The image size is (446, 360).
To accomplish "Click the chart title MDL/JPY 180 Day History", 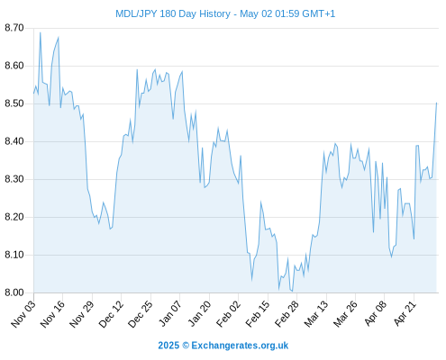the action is [x=173, y=13].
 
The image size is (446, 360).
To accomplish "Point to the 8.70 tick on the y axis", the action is [x=14, y=28].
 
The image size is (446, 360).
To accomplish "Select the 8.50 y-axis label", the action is [x=14, y=103].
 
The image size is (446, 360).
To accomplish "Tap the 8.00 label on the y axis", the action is [x=14, y=292].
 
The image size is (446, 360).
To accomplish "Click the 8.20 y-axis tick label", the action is [x=14, y=217].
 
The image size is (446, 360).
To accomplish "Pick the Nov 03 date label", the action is [x=23, y=314].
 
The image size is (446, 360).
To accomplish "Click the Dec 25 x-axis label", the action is [x=141, y=314].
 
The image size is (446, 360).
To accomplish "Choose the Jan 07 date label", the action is [x=170, y=314].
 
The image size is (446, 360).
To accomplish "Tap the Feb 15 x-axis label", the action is [x=258, y=314].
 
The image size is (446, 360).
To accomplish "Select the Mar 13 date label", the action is [x=316, y=314].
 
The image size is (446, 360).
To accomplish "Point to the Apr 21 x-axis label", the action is [x=405, y=314].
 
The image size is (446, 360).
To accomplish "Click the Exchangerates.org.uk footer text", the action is [x=240, y=346].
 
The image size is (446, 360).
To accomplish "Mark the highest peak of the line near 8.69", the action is [x=41, y=32].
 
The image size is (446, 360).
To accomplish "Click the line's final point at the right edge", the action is [x=437, y=103].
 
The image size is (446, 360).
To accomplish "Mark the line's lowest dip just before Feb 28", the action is [x=292, y=291].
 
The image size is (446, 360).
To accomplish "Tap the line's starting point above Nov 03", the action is [x=34, y=94].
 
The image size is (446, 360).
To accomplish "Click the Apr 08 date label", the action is [x=376, y=314].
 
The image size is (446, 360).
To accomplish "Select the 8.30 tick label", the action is [x=14, y=179].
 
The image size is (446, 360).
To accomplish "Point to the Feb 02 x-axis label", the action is [x=229, y=314].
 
